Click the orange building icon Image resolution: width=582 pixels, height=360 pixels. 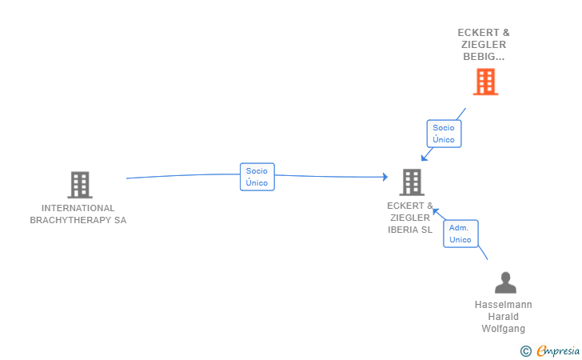[485, 82]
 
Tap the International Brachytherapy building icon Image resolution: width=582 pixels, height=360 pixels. [80, 185]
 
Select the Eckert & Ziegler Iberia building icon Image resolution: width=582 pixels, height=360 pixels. [412, 182]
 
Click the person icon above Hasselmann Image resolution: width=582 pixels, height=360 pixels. [505, 282]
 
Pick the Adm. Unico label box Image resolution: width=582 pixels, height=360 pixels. [460, 234]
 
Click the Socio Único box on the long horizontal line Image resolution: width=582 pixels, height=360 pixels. [257, 177]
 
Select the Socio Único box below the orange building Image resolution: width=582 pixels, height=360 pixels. [444, 134]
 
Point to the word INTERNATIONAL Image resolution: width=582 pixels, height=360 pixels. [78, 208]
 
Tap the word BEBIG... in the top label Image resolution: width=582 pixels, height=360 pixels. [484, 57]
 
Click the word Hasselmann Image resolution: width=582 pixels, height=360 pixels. [504, 305]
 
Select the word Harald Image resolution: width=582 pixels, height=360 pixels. [504, 317]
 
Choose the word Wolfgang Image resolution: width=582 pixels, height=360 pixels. [504, 329]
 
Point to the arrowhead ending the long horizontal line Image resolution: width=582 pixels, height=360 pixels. [385, 177]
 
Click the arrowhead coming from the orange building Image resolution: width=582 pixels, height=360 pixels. [424, 158]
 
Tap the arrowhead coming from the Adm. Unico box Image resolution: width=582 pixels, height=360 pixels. [436, 212]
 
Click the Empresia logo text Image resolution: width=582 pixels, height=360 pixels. [558, 350]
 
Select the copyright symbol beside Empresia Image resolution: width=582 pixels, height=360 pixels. [526, 351]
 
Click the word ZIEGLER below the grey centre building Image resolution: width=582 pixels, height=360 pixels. [410, 218]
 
